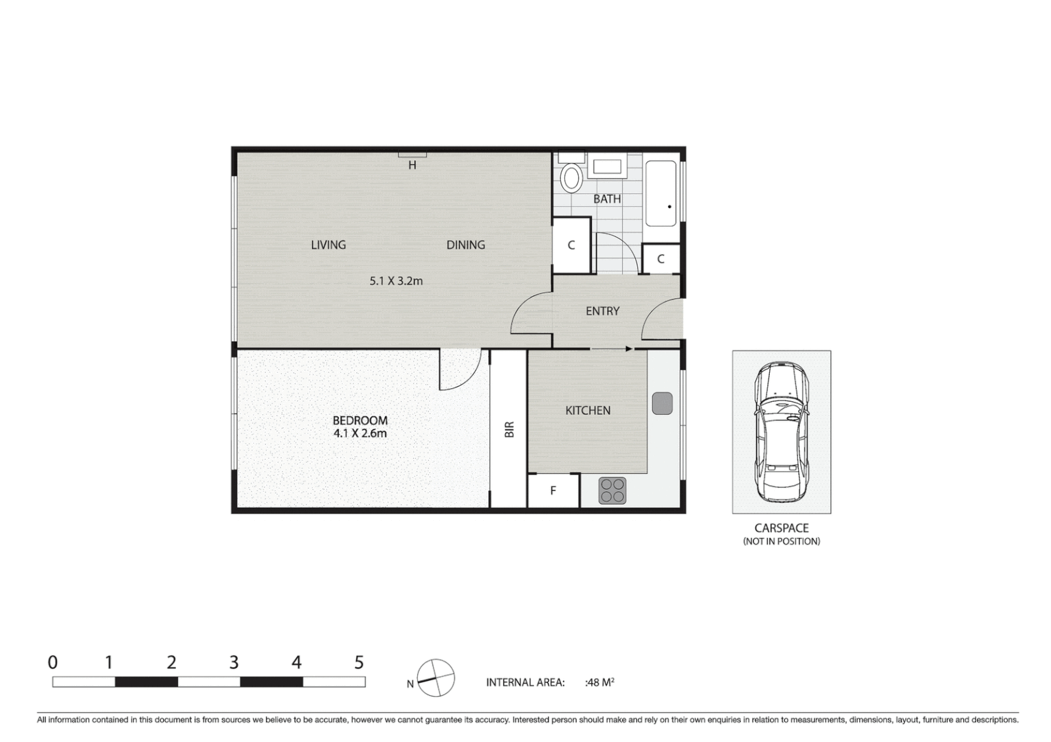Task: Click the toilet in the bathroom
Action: (571, 177)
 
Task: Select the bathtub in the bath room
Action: (661, 194)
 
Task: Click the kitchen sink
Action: (661, 403)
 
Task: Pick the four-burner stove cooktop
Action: (612, 491)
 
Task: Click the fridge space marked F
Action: (553, 491)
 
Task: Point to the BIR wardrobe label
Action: (509, 429)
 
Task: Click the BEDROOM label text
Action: (360, 420)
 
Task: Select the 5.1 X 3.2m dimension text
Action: (396, 280)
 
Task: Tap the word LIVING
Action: (328, 245)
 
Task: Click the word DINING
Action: (465, 245)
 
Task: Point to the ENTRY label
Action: (602, 311)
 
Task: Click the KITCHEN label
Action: (588, 410)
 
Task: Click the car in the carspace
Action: (782, 431)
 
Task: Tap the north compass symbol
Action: (436, 678)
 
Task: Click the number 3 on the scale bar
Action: (234, 662)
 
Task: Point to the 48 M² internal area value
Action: (600, 682)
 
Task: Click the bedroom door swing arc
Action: (459, 371)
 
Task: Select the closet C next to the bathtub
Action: (661, 259)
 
